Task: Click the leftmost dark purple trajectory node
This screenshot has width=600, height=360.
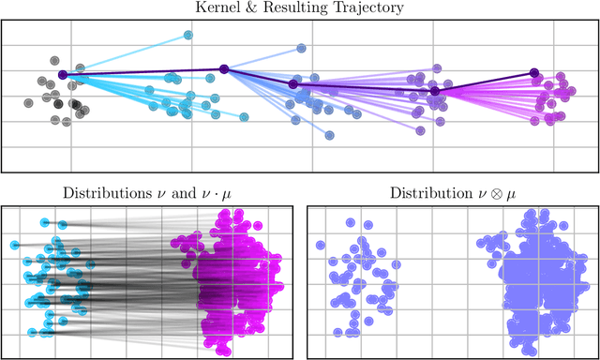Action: pos(63,74)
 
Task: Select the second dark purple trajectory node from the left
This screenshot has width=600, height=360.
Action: pos(223,68)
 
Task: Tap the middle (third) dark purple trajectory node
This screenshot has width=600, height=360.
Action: pos(292,84)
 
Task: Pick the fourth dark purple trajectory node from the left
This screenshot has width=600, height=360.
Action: pos(435,91)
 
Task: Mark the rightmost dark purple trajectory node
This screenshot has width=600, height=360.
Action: pos(534,72)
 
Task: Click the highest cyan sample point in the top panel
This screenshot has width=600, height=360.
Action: pos(187,35)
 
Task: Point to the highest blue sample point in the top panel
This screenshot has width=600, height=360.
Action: pos(301,47)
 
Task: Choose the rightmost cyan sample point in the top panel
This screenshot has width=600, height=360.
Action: pos(244,117)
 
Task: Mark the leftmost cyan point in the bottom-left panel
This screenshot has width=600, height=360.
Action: pos(14,246)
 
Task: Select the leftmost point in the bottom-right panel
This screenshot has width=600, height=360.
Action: pos(321,246)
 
